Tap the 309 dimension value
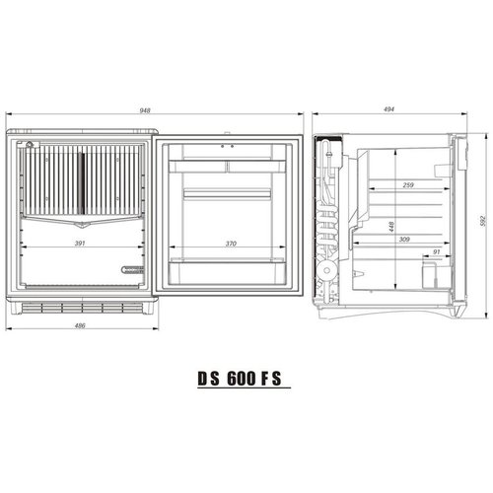coord(402,240)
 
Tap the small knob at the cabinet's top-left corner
coord(31,146)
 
